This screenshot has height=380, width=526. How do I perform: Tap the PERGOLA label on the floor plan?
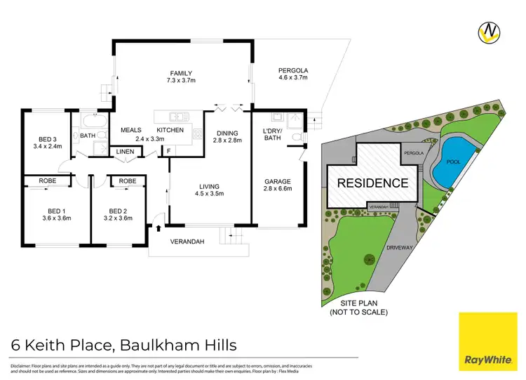[x=293, y=71]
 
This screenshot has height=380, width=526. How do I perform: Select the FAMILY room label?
[x=180, y=73]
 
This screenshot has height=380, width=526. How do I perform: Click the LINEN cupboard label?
[x=126, y=152]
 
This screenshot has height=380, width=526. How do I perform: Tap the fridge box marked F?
[x=168, y=150]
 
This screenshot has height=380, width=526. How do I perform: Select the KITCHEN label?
[x=170, y=130]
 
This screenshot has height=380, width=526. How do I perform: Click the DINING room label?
[x=227, y=133]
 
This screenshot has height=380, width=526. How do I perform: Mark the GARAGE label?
[x=277, y=182]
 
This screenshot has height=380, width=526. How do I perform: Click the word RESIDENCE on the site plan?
[x=373, y=183]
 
